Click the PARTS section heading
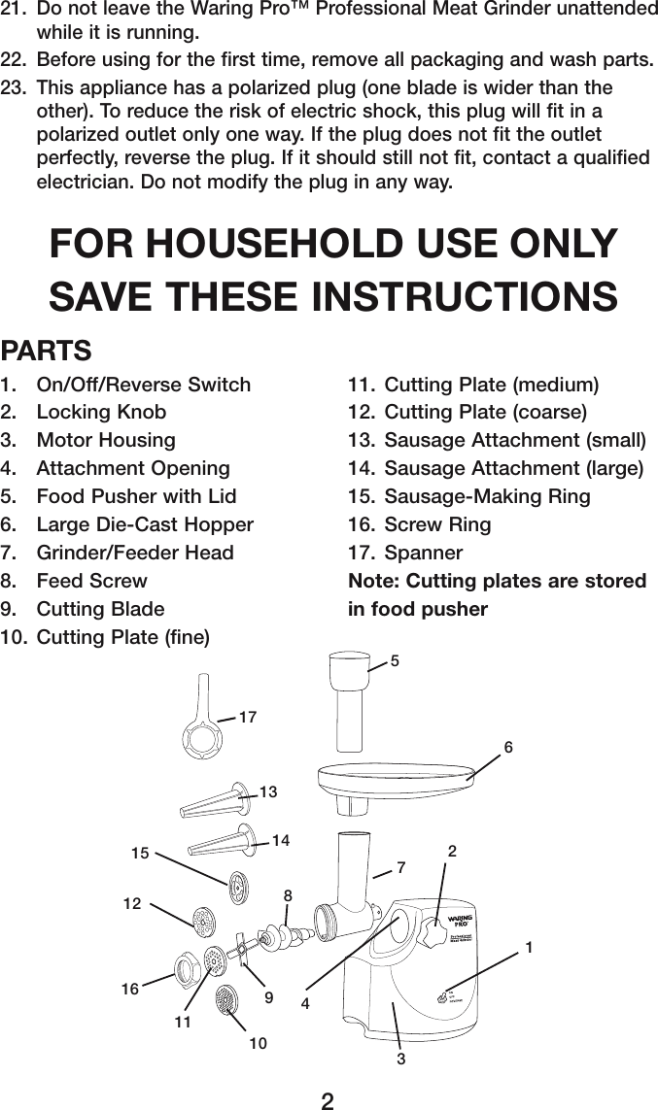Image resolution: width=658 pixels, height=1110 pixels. pyautogui.click(x=47, y=349)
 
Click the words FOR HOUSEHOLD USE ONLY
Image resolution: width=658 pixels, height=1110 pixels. pyautogui.click(x=333, y=243)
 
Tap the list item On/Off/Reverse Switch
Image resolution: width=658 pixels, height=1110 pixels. pyautogui.click(x=143, y=384)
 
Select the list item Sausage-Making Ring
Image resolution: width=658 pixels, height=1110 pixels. pyautogui.click(x=487, y=496)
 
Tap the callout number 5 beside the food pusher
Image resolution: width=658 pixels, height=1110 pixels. pyautogui.click(x=395, y=661)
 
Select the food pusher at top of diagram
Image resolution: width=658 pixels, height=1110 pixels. pyautogui.click(x=348, y=699)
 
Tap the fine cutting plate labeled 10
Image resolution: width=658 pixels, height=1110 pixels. pyautogui.click(x=226, y=999)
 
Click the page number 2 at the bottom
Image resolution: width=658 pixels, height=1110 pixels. pyautogui.click(x=329, y=1099)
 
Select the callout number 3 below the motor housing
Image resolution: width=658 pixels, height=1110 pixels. pyautogui.click(x=400, y=1058)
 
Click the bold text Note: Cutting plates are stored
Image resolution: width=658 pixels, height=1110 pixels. pyautogui.click(x=497, y=581)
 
